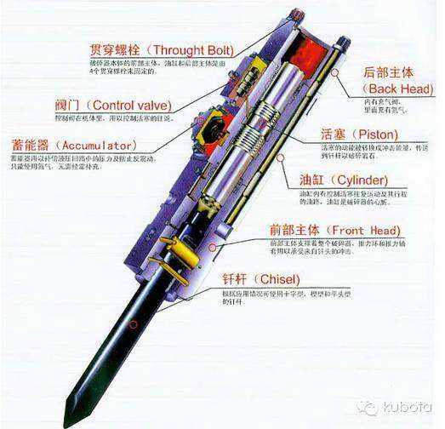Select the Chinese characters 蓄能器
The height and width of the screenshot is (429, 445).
(29, 146)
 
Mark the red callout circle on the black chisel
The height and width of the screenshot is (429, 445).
(132, 323)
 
